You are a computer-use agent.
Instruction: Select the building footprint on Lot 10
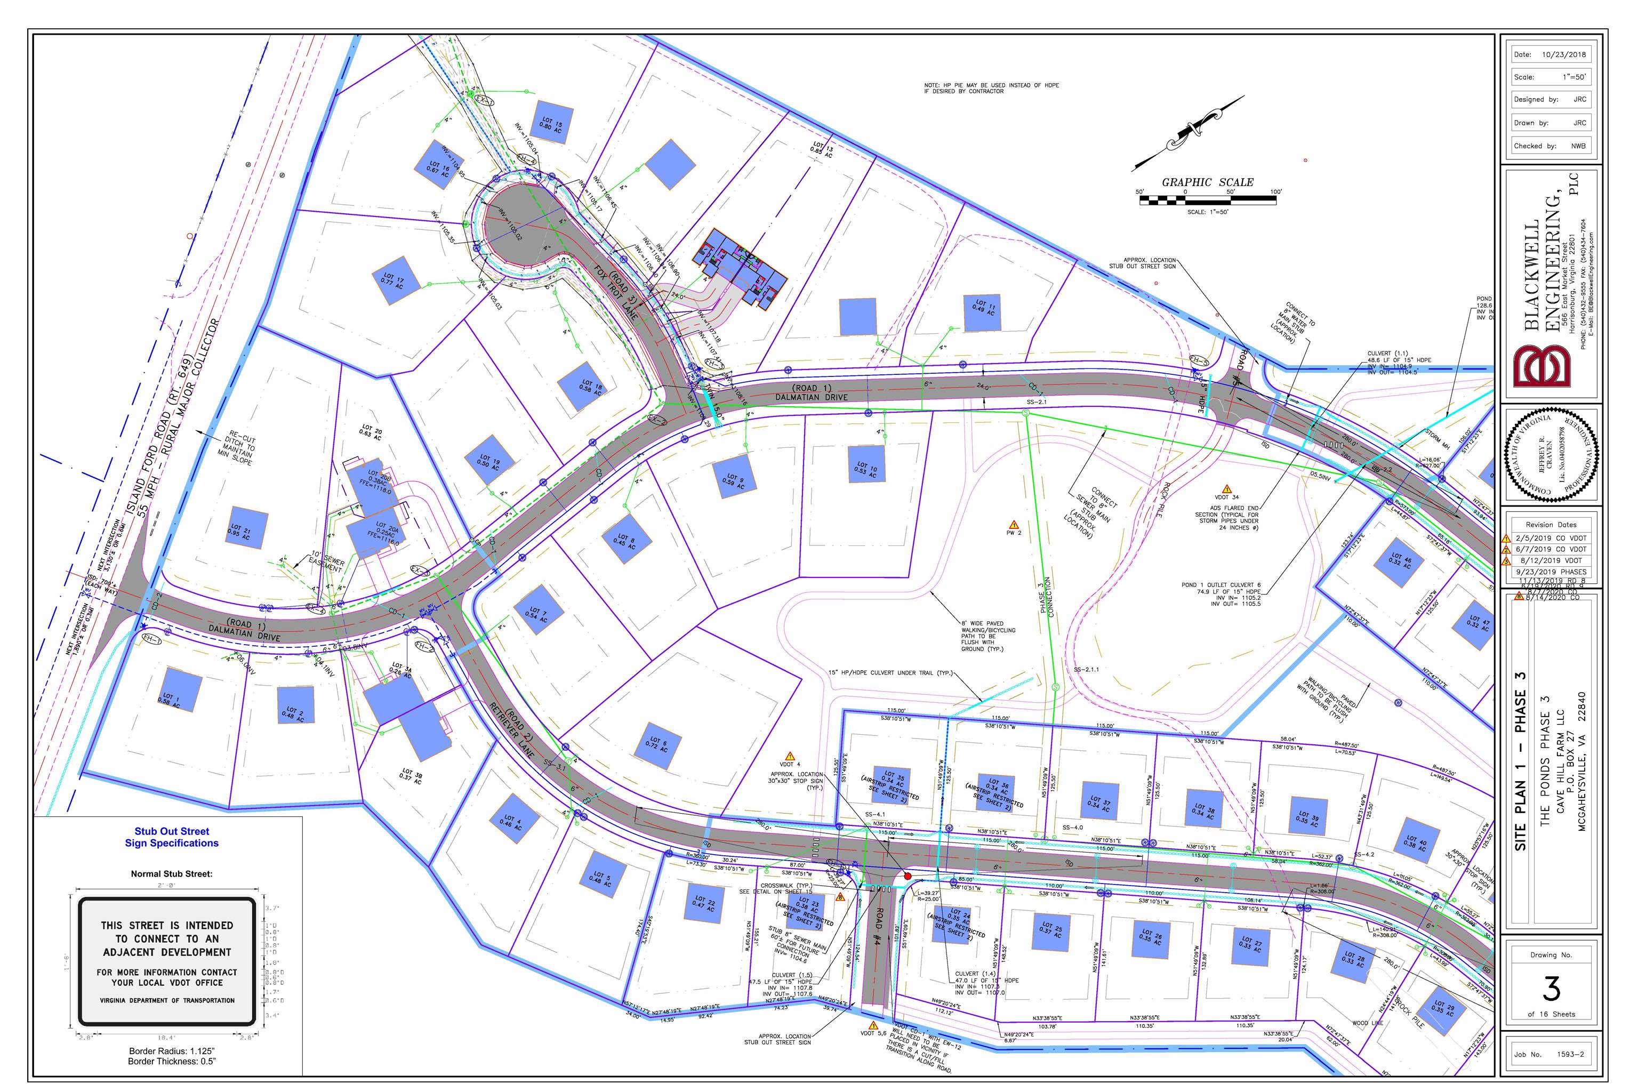(866, 464)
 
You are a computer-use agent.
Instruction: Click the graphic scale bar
(1208, 200)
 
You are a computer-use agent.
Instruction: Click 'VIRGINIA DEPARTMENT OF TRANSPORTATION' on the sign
(167, 1000)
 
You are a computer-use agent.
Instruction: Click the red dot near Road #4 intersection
(908, 876)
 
